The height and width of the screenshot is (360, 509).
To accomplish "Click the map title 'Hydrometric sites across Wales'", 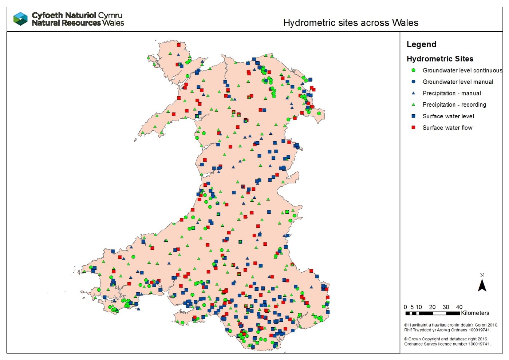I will [x=351, y=23].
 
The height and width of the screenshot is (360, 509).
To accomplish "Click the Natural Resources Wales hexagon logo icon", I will [x=20, y=19].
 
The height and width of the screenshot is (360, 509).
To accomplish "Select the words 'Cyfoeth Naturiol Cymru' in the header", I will [x=77, y=15].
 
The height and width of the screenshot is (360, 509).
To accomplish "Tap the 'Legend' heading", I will [x=421, y=44].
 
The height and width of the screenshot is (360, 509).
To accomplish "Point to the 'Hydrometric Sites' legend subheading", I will [x=440, y=59].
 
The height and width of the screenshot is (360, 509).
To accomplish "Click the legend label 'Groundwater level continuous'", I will [x=462, y=71].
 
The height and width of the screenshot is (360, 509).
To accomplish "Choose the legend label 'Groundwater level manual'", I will [x=458, y=82].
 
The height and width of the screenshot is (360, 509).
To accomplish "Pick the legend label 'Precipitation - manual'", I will [x=451, y=94].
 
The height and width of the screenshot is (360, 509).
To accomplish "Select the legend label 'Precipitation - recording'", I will [x=454, y=105].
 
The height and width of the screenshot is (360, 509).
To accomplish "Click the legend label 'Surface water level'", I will [x=448, y=116].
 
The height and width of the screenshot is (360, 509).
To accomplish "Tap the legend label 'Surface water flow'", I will [x=447, y=128].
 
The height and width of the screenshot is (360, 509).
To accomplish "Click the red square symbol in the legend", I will [x=413, y=128].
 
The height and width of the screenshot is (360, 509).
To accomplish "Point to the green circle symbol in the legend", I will [x=413, y=70].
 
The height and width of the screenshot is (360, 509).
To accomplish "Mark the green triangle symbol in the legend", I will [x=413, y=105].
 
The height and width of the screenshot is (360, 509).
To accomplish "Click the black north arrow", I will [x=482, y=285].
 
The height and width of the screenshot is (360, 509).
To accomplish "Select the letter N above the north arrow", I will [x=482, y=275].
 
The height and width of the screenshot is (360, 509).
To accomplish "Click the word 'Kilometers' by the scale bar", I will [x=475, y=313].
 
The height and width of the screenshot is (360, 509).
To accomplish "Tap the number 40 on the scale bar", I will [x=459, y=307].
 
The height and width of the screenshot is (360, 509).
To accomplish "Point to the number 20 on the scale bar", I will [x=432, y=307].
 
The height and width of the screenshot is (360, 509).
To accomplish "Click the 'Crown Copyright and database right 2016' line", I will [x=446, y=339].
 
